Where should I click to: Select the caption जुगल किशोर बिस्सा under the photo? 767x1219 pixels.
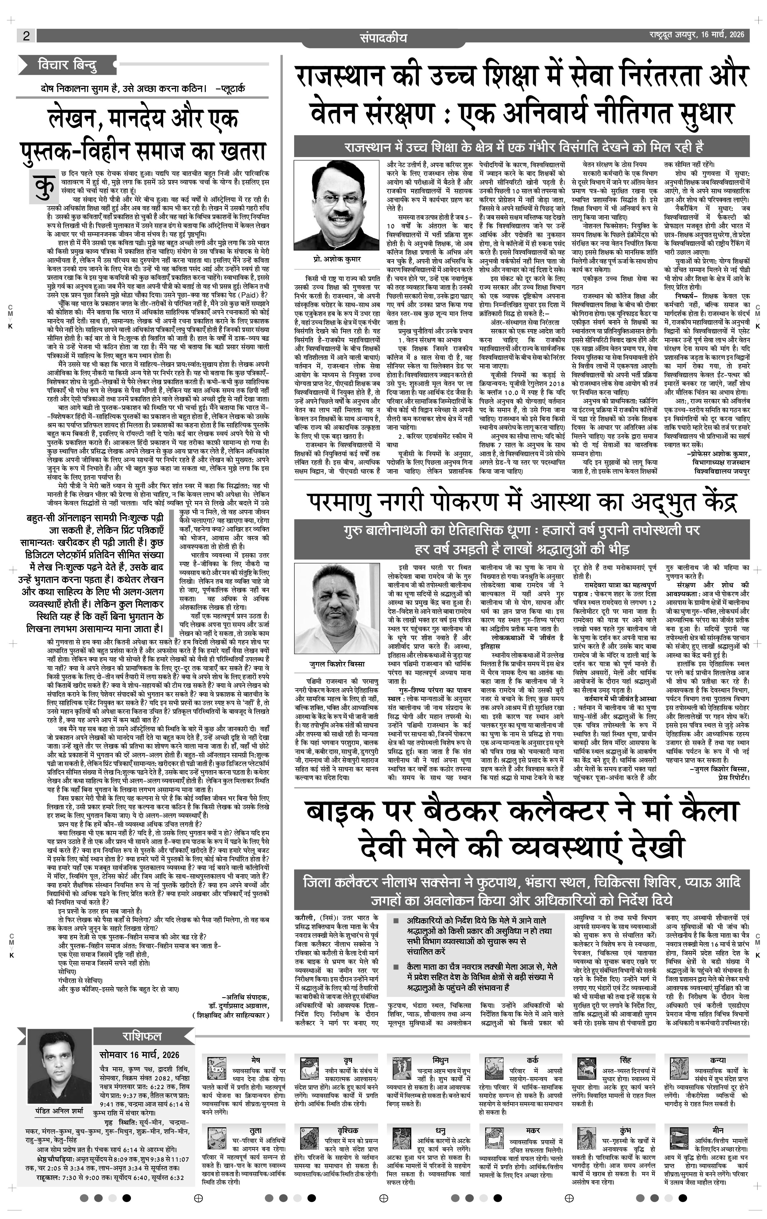point(337,664)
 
